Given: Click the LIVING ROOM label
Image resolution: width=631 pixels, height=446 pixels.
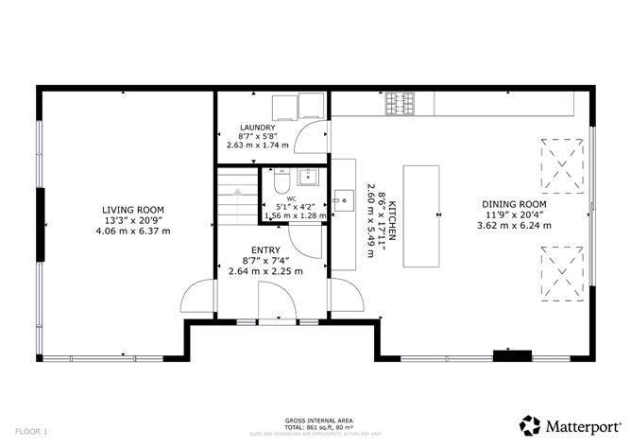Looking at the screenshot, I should [133, 210].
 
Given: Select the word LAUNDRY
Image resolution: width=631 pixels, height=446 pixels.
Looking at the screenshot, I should [257, 128].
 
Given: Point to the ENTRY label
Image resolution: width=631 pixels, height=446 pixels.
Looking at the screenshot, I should [265, 249].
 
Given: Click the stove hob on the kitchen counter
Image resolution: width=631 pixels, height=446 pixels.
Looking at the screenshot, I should [400, 103].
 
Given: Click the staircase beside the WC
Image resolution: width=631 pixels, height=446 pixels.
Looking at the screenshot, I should [236, 194].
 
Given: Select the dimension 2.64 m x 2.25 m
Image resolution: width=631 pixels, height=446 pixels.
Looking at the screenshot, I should [265, 271].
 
